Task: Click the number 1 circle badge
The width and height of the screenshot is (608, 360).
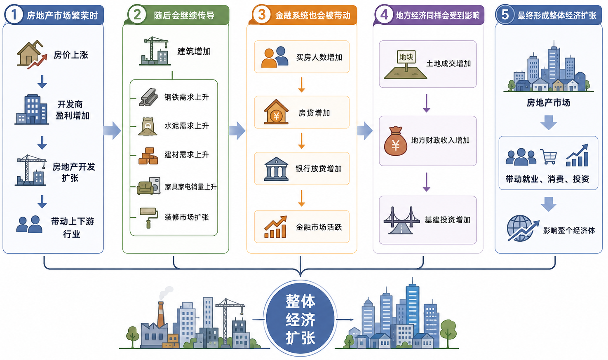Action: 14,15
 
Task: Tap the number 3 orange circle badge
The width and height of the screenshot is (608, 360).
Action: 262,15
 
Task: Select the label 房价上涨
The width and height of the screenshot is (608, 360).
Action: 71,55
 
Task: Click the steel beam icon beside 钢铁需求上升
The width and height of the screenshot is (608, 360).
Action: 148,97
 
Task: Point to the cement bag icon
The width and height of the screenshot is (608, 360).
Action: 148,126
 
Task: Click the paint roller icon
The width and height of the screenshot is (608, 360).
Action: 149,217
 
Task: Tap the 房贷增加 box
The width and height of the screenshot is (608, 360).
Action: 302,112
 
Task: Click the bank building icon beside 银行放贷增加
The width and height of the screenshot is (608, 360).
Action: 276,169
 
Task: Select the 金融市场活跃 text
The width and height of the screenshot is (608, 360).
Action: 319,227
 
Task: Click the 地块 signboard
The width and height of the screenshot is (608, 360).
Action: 406,57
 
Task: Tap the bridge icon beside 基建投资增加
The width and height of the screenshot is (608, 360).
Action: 401,220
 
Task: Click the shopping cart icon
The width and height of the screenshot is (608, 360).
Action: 549,157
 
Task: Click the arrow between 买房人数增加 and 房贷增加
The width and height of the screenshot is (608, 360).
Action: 302,84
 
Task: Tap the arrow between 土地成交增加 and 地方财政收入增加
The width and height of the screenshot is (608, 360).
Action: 426,103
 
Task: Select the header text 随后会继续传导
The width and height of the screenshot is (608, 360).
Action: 184,16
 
